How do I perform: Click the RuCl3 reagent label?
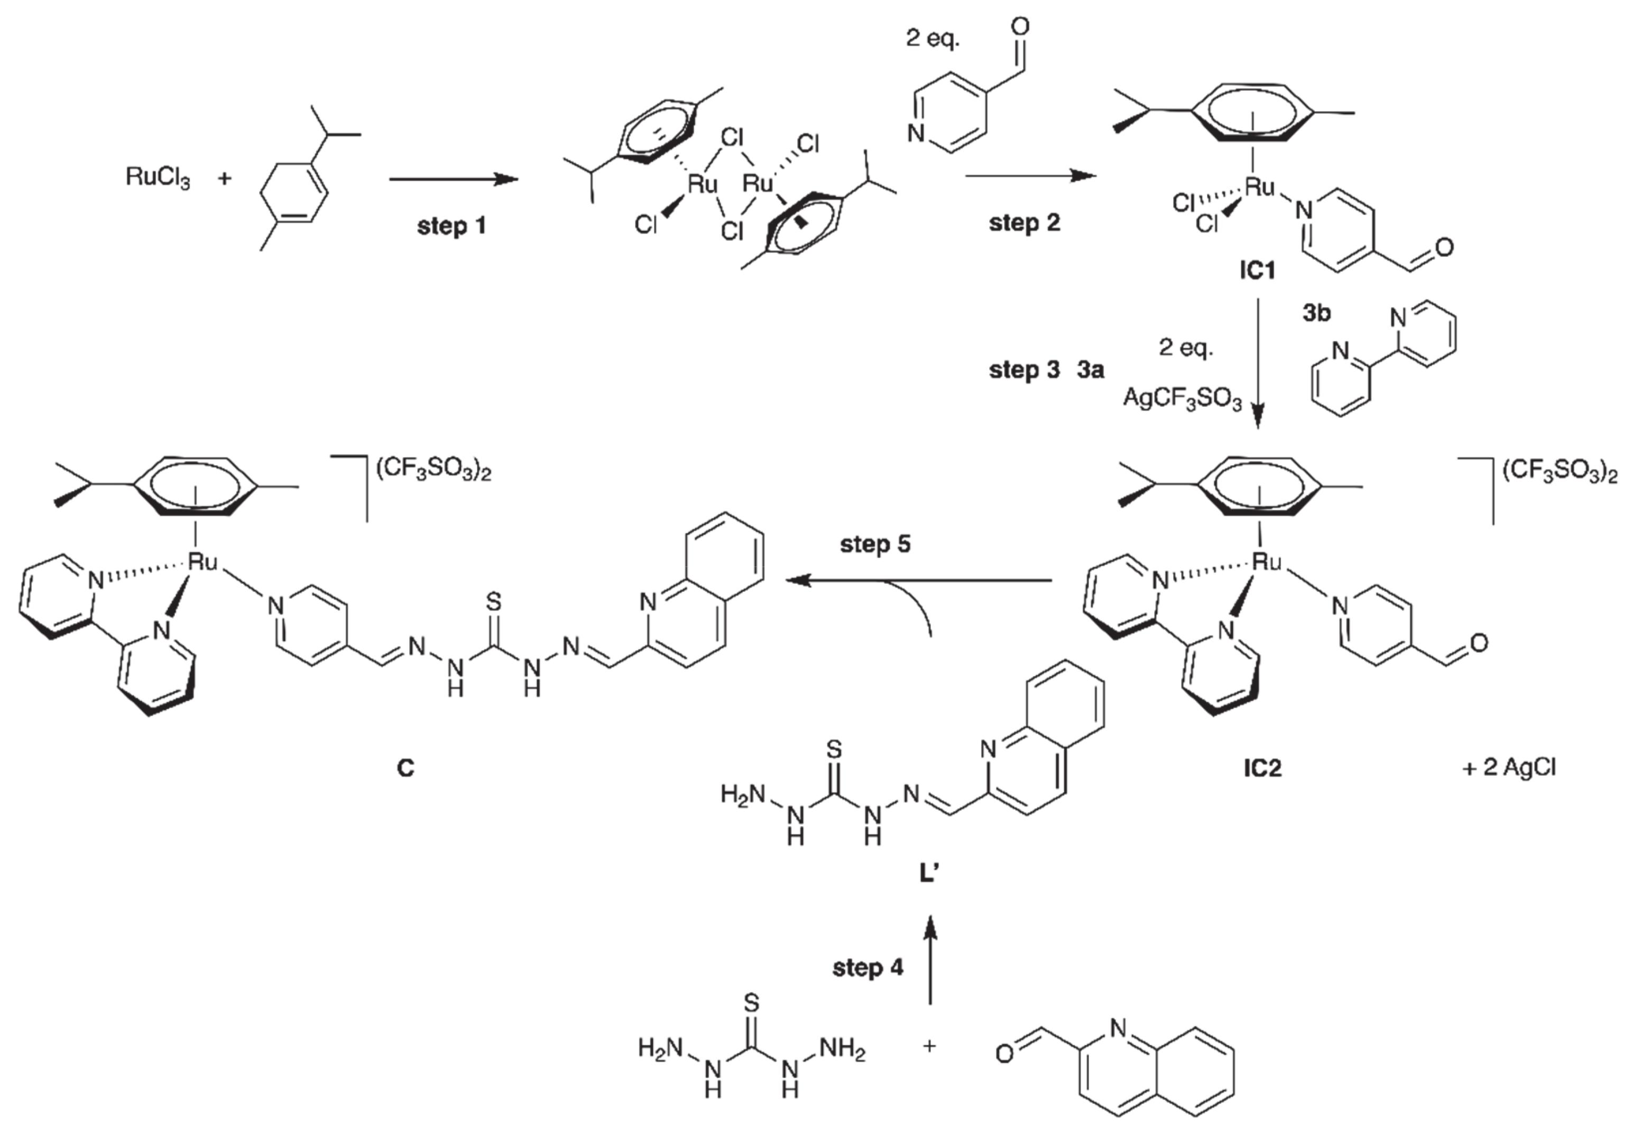(158, 178)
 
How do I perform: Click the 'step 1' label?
(451, 227)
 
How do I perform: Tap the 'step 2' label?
(1024, 222)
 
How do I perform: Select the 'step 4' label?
(868, 968)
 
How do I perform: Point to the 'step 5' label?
(875, 545)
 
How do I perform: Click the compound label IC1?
(1257, 270)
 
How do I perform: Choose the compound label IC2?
(1262, 769)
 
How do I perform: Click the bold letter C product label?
(405, 769)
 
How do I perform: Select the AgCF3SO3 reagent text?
(1182, 400)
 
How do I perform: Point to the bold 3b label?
(1316, 313)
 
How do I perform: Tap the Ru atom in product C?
(202, 562)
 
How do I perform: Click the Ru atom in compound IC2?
(1267, 562)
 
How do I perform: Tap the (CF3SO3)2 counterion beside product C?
(434, 471)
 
